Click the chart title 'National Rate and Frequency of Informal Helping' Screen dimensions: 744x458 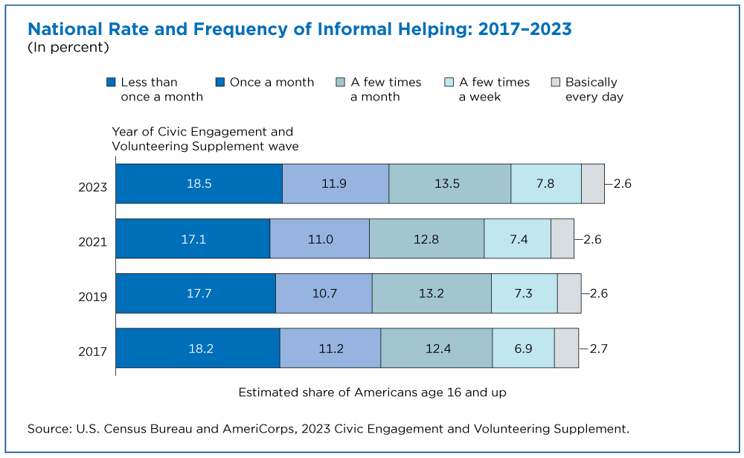pyautogui.click(x=248, y=29)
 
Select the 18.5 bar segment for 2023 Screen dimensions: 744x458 pyautogui.click(x=199, y=184)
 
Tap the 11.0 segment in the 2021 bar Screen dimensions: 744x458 pyautogui.click(x=319, y=238)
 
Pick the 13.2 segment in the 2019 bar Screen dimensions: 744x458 pyautogui.click(x=432, y=293)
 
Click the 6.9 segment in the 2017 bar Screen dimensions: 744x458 pyautogui.click(x=523, y=348)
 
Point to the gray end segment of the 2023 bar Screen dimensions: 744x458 pyautogui.click(x=593, y=184)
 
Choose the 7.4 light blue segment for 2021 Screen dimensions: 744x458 pyautogui.click(x=518, y=238)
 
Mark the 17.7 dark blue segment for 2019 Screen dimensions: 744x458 pyautogui.click(x=196, y=293)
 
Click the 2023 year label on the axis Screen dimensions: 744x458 pyautogui.click(x=92, y=187)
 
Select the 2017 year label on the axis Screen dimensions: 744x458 pyautogui.click(x=92, y=352)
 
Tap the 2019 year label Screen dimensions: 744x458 pyautogui.click(x=92, y=297)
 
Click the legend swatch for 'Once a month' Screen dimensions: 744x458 pyautogui.click(x=220, y=82)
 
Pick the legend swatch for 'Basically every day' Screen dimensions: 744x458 pyautogui.click(x=556, y=82)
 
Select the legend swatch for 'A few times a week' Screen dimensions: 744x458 pyautogui.click(x=449, y=82)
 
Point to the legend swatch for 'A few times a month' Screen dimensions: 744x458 pyautogui.click(x=340, y=82)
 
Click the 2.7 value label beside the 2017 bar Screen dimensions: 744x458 pyautogui.click(x=598, y=349)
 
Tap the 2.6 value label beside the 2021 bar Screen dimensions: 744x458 pyautogui.click(x=593, y=239)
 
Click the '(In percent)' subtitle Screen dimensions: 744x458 pyautogui.click(x=68, y=48)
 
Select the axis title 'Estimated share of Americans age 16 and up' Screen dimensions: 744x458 pyautogui.click(x=373, y=392)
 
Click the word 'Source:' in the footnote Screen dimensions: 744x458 pyautogui.click(x=50, y=429)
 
